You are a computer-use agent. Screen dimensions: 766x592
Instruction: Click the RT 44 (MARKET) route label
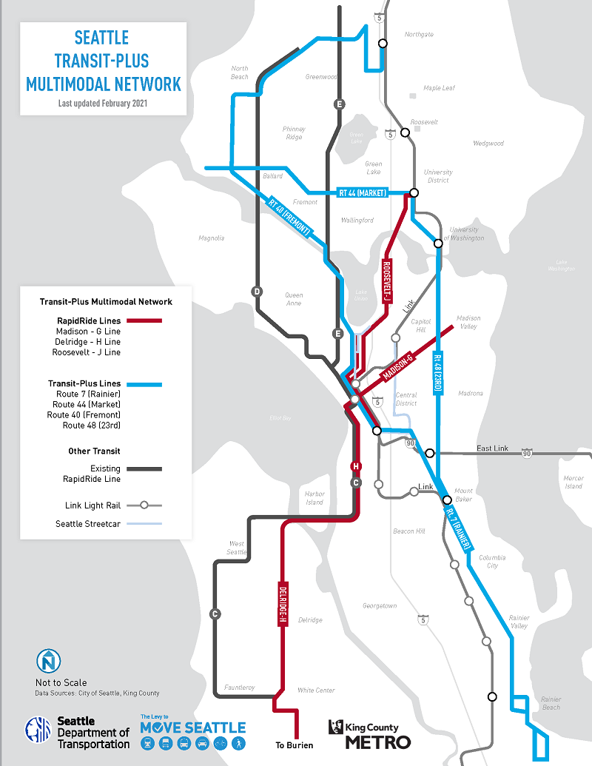click(363, 193)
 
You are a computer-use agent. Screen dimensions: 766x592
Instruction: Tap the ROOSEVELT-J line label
click(386, 280)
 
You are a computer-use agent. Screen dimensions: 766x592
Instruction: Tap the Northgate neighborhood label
click(419, 35)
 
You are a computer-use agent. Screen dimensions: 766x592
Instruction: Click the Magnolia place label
click(211, 238)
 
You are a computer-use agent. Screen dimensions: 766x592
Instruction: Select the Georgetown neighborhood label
click(380, 606)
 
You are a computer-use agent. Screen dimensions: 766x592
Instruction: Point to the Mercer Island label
click(573, 482)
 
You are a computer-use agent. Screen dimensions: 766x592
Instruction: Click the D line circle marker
click(258, 291)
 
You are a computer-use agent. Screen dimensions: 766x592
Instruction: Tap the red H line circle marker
click(356, 466)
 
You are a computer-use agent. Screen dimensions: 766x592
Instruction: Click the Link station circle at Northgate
click(383, 44)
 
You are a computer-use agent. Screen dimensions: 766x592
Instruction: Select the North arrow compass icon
click(49, 660)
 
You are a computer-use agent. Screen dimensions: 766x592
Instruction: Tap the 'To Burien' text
click(295, 745)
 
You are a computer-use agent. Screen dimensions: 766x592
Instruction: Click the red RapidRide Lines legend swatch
click(144, 320)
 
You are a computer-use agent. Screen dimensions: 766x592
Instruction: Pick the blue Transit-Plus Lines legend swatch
click(144, 385)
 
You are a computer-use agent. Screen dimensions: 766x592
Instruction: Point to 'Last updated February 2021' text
click(103, 104)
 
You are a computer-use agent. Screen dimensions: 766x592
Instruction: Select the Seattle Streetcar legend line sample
click(144, 524)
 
